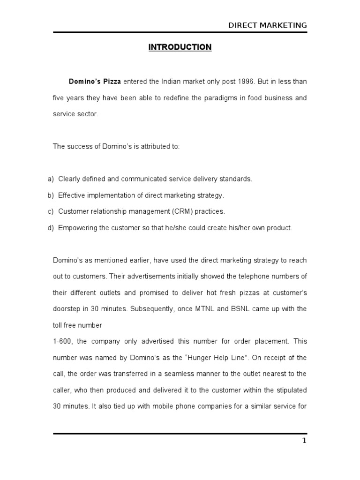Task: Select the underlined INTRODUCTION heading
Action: (180, 47)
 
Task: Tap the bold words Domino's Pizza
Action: (95, 82)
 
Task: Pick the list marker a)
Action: (51, 179)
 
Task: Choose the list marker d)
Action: (51, 228)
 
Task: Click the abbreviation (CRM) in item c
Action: (182, 211)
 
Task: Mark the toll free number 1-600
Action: (61, 341)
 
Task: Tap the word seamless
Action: (178, 374)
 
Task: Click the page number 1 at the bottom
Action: (304, 441)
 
